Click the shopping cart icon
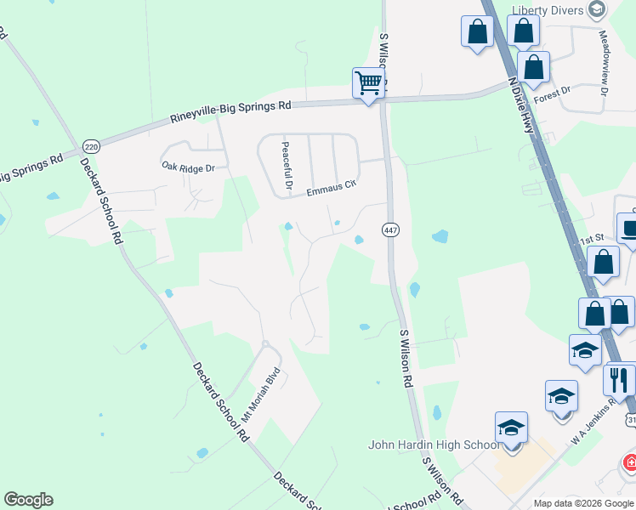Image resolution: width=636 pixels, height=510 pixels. [368, 83]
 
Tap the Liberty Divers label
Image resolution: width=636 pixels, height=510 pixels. [548, 9]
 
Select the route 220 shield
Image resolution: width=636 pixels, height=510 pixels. [91, 145]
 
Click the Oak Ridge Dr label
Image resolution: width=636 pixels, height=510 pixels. [189, 168]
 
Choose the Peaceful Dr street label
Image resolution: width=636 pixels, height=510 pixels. [287, 166]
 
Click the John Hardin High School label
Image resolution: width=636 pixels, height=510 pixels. [434, 445]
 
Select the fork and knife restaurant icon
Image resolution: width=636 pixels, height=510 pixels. [619, 378]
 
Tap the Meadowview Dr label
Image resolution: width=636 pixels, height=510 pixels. [605, 65]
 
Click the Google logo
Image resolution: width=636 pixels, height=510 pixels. [28, 500]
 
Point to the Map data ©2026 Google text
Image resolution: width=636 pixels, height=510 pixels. [583, 503]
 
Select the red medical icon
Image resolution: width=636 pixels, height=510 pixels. [629, 464]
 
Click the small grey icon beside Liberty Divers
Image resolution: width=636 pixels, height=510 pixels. [596, 9]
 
